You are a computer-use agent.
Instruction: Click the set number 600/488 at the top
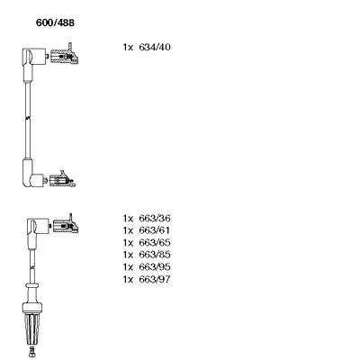pyautogui.click(x=55, y=22)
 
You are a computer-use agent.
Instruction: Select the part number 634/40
pyautogui.click(x=155, y=47)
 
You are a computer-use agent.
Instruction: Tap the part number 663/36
pyautogui.click(x=155, y=218)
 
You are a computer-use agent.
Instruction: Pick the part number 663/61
pyautogui.click(x=155, y=230)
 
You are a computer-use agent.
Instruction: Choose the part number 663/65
pyautogui.click(x=155, y=242)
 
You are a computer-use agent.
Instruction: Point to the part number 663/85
pyautogui.click(x=155, y=255)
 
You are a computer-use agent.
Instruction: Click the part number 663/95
pyautogui.click(x=155, y=267)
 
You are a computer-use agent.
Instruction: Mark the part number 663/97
pyautogui.click(x=155, y=279)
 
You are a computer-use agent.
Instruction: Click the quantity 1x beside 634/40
pyautogui.click(x=128, y=48)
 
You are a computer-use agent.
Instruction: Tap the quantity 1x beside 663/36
pyautogui.click(x=128, y=219)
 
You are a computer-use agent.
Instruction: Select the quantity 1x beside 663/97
pyautogui.click(x=128, y=280)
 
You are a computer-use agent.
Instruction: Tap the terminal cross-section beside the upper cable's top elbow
pyautogui.click(x=65, y=55)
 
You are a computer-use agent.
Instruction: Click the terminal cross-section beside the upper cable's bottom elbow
pyautogui.click(x=62, y=179)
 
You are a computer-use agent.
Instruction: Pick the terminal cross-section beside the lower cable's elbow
pyautogui.click(x=66, y=224)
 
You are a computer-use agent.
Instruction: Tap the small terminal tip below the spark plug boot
pyautogui.click(x=31, y=351)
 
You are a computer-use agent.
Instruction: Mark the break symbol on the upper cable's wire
pyautogui.click(x=28, y=118)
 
